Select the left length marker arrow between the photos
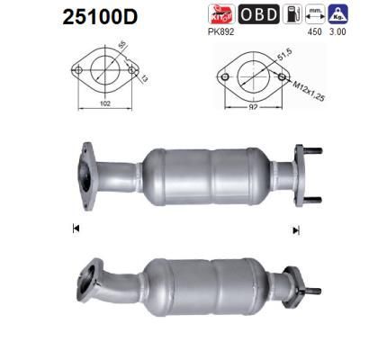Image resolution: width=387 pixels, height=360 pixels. (75, 229)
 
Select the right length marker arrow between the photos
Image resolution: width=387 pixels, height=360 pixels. (295, 230)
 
